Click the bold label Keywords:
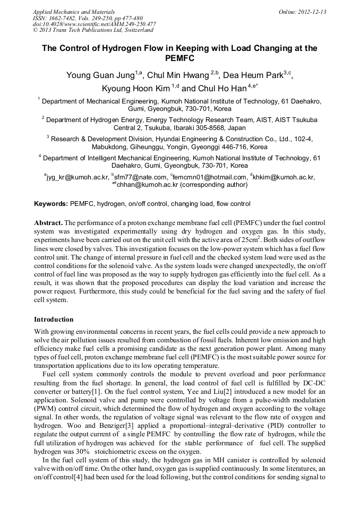coord(51,204)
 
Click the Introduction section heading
coord(54,320)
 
